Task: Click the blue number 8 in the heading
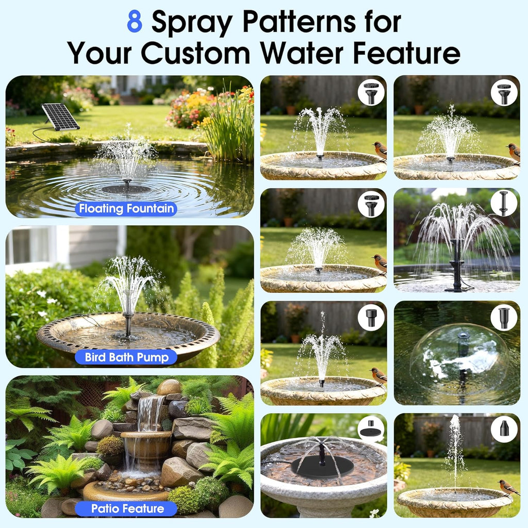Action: pos(135,21)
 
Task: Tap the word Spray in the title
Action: pos(192,23)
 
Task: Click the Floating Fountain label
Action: pos(126,209)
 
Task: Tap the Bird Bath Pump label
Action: pos(126,357)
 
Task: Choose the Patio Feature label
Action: pos(126,508)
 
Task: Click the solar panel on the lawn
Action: pos(61,117)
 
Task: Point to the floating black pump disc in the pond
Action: pos(126,189)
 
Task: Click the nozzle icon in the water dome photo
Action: pos(504,318)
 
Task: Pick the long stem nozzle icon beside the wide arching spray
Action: pos(504,203)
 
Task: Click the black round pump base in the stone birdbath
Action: pos(322,466)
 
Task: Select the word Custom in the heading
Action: pos(195,53)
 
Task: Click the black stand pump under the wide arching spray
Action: pos(458,266)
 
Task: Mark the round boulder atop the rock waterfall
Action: pos(169,387)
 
